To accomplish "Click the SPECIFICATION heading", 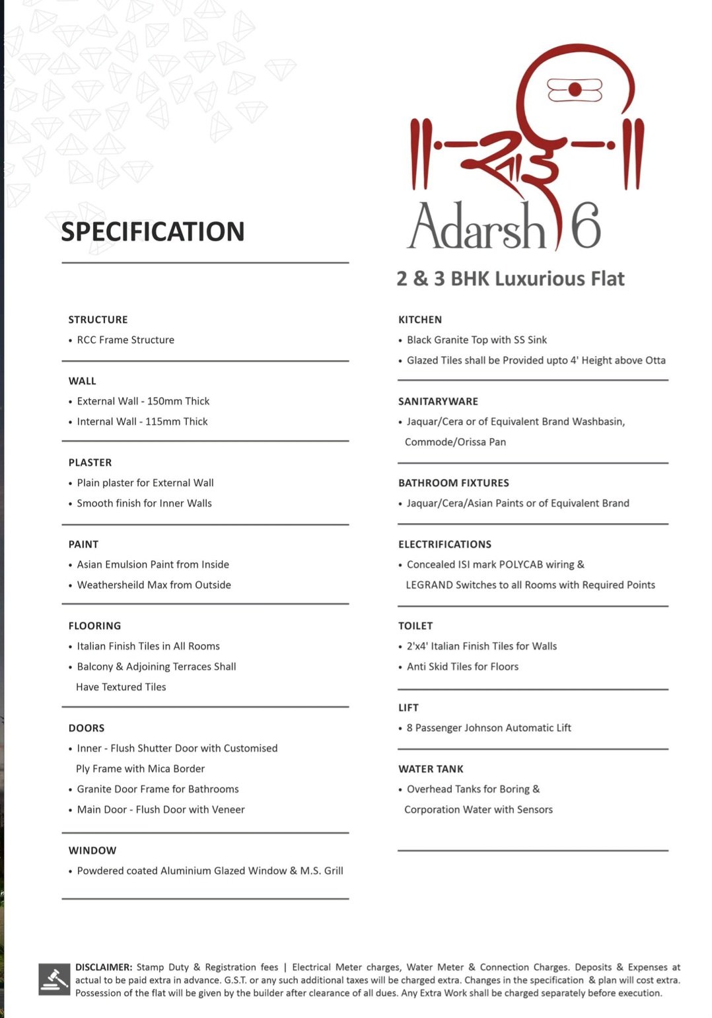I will [153, 232].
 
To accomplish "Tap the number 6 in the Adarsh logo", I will [585, 225].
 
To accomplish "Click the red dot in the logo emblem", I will [575, 90].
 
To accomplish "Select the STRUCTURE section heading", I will [98, 320].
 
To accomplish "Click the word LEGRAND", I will [429, 585].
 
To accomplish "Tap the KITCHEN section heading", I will [420, 320].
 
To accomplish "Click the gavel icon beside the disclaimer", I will [53, 979].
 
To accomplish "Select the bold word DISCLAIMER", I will [104, 967].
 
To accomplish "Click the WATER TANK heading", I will [431, 769].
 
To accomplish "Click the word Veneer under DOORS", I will [228, 810].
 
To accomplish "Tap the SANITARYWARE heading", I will [438, 402].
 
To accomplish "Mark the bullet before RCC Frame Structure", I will [71, 341].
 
